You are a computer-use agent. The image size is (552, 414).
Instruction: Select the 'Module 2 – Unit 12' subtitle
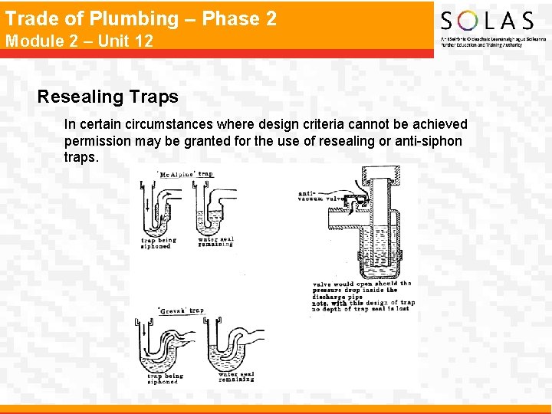(79, 41)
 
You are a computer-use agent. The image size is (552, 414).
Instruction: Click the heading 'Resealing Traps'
(107, 97)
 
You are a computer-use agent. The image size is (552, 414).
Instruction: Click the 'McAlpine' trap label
(176, 174)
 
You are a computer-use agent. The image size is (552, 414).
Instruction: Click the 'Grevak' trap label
(171, 310)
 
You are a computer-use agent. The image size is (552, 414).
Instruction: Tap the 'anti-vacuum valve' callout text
(315, 195)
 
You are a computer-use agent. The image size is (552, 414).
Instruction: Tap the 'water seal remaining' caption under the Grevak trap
(236, 376)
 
